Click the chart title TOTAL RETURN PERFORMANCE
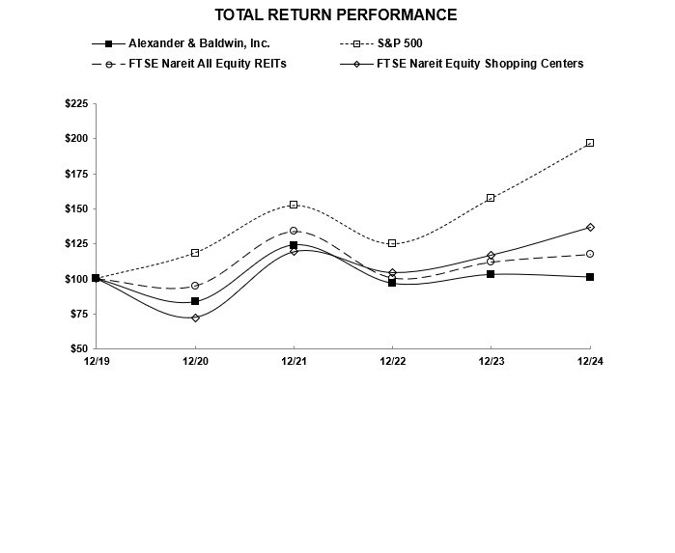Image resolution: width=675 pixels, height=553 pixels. (336, 14)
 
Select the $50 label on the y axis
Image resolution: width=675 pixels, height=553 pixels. (77, 348)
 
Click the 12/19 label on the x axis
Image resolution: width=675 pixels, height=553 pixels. (96, 361)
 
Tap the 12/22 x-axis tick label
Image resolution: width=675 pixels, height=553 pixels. (392, 361)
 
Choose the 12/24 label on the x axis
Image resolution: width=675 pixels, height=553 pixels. (589, 361)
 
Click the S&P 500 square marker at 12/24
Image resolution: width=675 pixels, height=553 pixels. (590, 143)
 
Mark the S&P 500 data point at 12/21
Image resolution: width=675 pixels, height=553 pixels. (294, 205)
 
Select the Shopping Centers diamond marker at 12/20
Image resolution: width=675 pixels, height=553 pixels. (195, 318)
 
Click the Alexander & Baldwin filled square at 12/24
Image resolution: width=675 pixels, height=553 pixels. (590, 277)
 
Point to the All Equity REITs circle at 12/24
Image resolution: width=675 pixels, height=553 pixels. (590, 254)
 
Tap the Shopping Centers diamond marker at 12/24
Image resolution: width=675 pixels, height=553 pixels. (590, 228)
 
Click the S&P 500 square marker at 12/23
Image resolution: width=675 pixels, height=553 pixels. (491, 198)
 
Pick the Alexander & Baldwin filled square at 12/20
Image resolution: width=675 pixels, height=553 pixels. (195, 301)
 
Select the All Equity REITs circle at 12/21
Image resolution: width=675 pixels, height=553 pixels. (294, 231)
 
